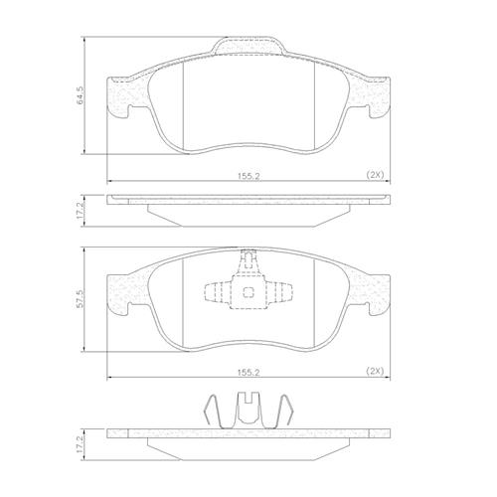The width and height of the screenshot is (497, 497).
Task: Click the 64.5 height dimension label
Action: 81,95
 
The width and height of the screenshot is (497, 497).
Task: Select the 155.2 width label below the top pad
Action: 248,176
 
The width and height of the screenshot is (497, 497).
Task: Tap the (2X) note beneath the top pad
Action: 375,175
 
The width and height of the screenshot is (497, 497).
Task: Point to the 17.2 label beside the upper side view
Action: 81,211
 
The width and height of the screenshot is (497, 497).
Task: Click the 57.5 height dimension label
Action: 81,299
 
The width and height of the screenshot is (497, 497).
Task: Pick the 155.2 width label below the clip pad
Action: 248,373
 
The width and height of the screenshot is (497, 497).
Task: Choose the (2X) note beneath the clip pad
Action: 375,372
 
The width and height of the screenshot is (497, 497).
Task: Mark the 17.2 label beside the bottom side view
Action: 81,444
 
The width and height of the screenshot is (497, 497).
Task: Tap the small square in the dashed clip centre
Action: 248,292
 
